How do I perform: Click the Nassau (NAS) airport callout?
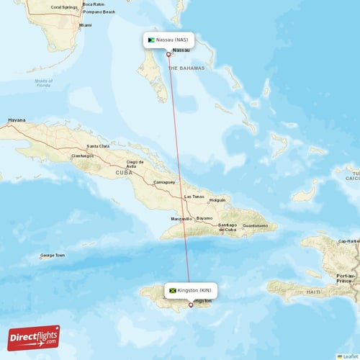[170, 40]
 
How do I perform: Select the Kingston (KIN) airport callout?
[191, 290]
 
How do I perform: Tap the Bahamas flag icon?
[152, 40]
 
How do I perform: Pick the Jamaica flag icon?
[173, 290]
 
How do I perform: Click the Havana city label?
[16, 120]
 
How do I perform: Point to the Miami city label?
[86, 25]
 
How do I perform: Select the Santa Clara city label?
[98, 146]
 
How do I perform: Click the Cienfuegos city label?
[82, 156]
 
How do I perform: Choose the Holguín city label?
[217, 200]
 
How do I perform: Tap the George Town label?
[52, 255]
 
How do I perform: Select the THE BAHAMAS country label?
[186, 68]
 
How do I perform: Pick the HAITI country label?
[312, 292]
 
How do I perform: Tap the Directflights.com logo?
[34, 338]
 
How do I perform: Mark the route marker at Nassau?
[168, 54]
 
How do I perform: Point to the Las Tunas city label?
[195, 197]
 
